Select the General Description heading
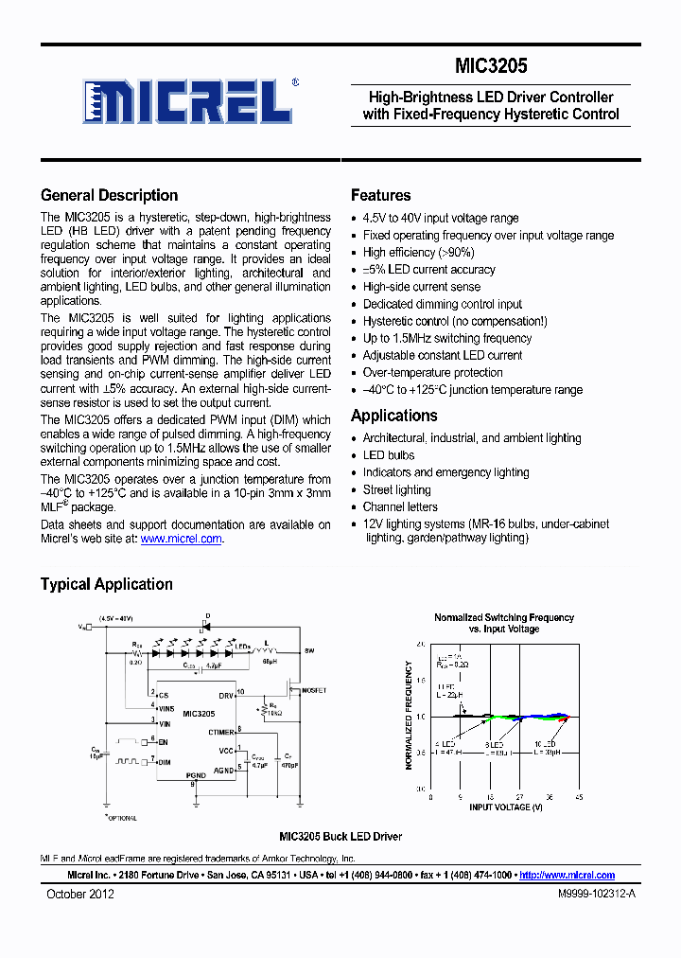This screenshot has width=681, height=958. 109,196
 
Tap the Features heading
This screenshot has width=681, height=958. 380,196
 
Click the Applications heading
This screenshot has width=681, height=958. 393,416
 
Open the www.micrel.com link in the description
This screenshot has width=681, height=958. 182,539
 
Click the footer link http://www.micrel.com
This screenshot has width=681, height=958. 567,876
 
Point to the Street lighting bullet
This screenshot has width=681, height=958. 396,489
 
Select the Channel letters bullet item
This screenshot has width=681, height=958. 399,506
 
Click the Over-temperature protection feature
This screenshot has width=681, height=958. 432,373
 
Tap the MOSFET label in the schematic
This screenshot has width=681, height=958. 314,691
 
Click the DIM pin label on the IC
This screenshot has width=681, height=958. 165,760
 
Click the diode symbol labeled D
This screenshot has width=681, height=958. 206,626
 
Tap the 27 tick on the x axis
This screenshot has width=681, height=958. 519,797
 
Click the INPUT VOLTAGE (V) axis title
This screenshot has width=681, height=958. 505,807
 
